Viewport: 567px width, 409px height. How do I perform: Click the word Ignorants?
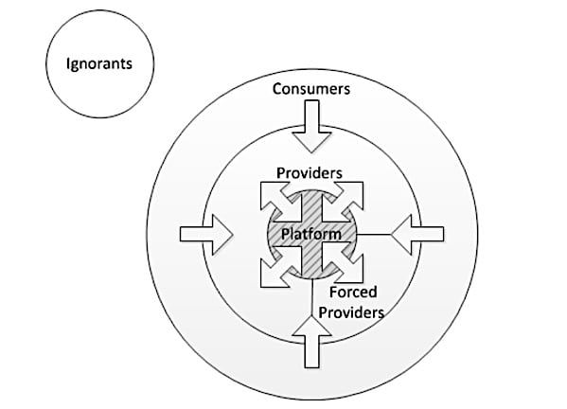click(x=99, y=64)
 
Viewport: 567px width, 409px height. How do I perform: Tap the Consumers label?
click(x=311, y=89)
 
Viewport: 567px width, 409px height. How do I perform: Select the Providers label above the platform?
click(x=310, y=173)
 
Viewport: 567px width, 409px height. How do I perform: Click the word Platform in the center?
click(x=311, y=234)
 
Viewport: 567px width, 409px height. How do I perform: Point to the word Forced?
click(x=353, y=292)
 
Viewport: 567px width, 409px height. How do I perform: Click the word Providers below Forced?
click(x=351, y=312)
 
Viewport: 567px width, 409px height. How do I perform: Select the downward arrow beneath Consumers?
click(x=311, y=126)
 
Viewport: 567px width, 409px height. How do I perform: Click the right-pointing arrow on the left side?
click(x=206, y=235)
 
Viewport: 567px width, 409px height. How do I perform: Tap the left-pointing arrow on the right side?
click(x=417, y=235)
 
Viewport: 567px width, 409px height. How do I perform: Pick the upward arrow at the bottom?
click(x=311, y=342)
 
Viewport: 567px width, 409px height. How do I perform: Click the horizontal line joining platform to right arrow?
click(x=374, y=235)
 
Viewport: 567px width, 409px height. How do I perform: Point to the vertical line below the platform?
click(x=311, y=297)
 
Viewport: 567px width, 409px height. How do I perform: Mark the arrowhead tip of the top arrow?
click(x=311, y=152)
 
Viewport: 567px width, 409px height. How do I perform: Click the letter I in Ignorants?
click(x=68, y=62)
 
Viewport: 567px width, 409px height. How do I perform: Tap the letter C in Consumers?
click(x=277, y=89)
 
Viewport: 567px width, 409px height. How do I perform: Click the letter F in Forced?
click(x=333, y=292)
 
